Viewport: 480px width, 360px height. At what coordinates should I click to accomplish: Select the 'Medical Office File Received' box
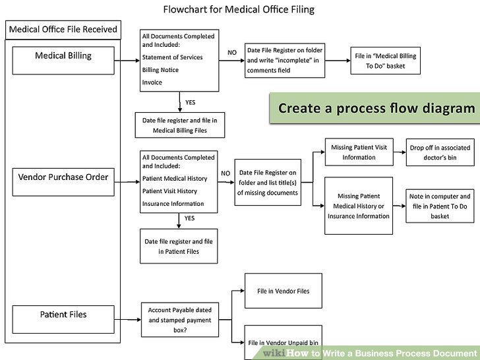tap(63, 29)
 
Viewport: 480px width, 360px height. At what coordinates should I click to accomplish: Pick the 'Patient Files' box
tap(63, 315)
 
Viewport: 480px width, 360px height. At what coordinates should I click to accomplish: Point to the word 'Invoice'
tap(152, 82)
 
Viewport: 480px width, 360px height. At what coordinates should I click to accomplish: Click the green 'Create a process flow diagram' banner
tap(375, 108)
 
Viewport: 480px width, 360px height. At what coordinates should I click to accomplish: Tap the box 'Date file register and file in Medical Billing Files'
tap(179, 125)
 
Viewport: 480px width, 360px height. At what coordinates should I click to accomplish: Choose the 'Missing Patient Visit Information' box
tap(359, 152)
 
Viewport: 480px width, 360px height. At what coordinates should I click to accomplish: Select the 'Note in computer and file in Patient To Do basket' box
tap(440, 206)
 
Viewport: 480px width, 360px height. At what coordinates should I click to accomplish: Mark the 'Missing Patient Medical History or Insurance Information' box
tap(359, 206)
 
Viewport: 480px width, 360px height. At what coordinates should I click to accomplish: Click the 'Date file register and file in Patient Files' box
tap(179, 246)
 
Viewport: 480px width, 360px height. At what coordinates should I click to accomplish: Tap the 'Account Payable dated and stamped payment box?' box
tap(179, 320)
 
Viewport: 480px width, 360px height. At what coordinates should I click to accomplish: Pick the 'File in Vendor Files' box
tap(283, 291)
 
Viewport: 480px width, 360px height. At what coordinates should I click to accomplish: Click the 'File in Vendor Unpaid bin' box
tap(283, 342)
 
